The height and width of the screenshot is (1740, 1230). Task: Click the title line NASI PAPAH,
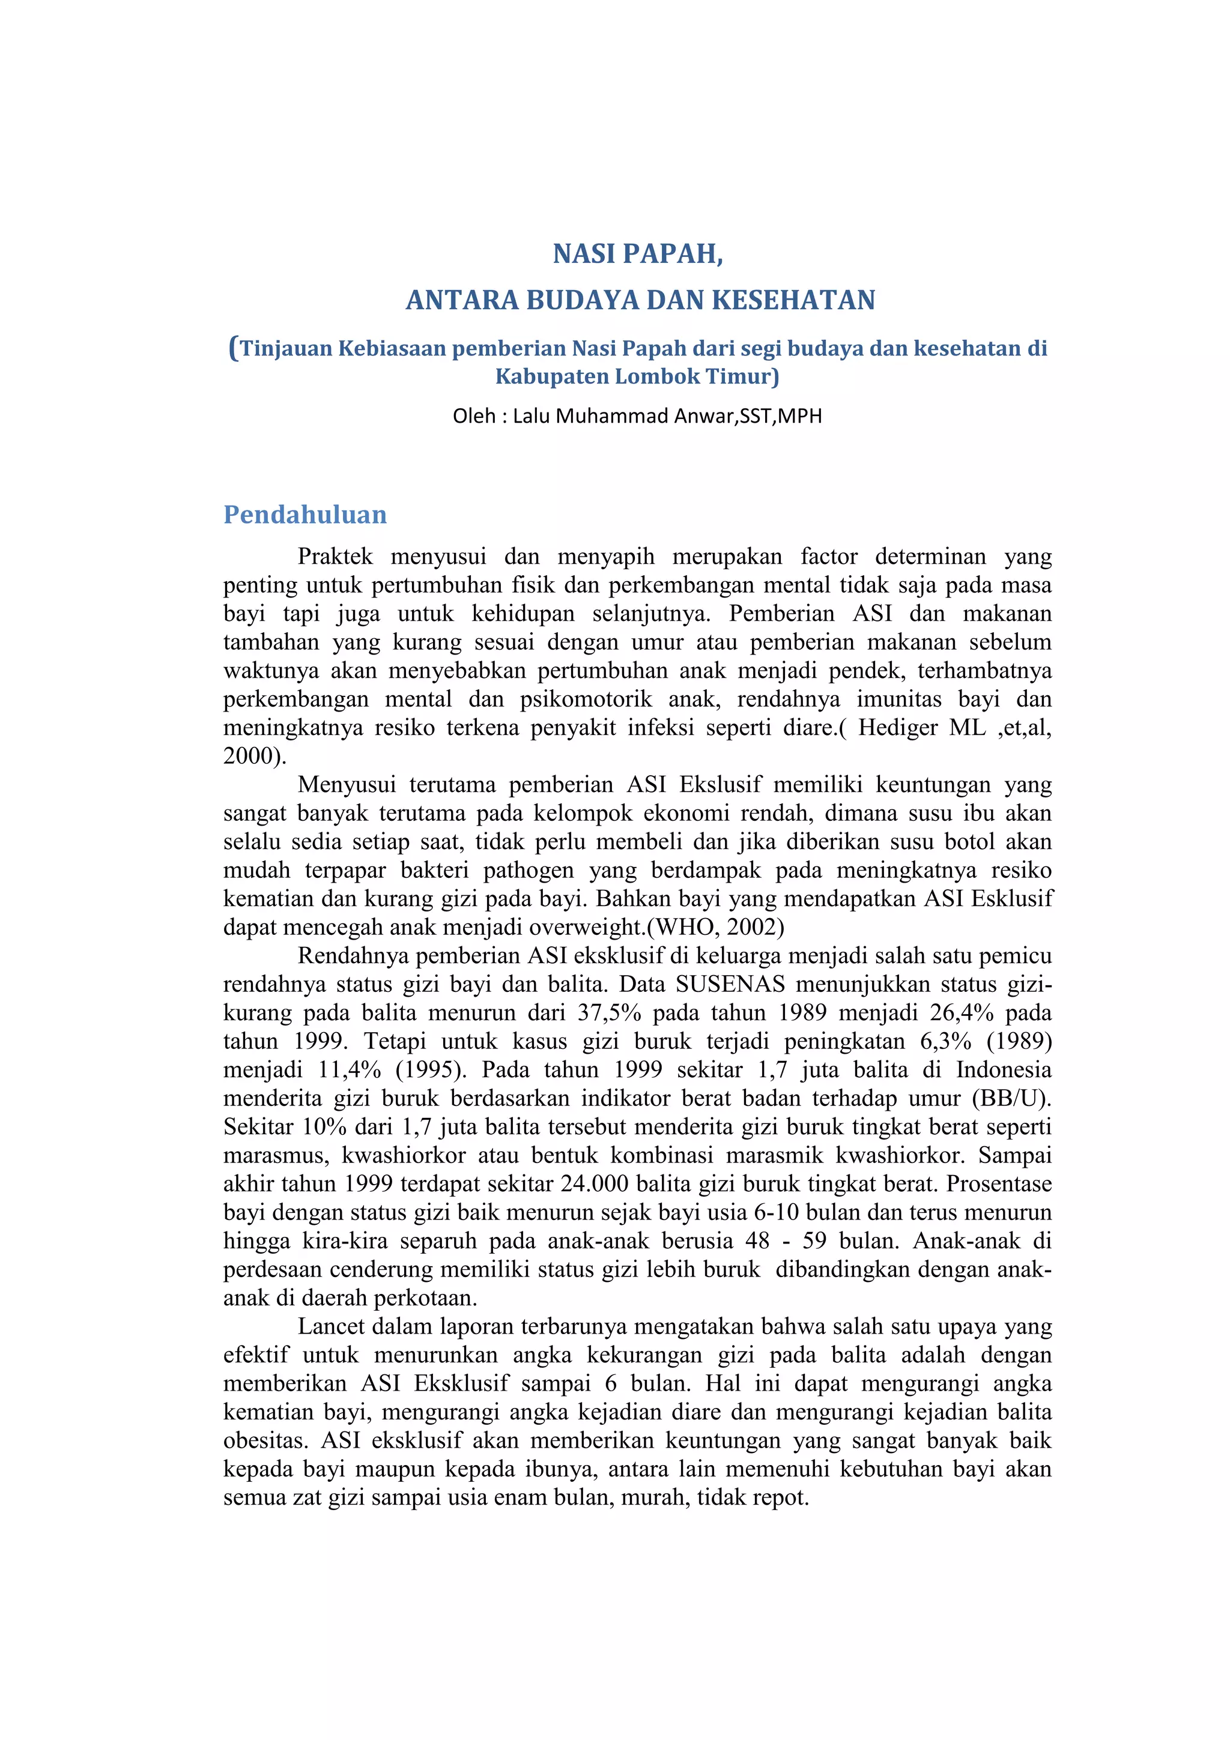point(637,254)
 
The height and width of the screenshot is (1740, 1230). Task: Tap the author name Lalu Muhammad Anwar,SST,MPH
point(667,416)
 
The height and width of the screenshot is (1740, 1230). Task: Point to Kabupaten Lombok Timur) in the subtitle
point(637,376)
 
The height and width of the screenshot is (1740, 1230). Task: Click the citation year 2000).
point(255,755)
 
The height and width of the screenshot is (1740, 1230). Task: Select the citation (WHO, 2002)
point(715,927)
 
